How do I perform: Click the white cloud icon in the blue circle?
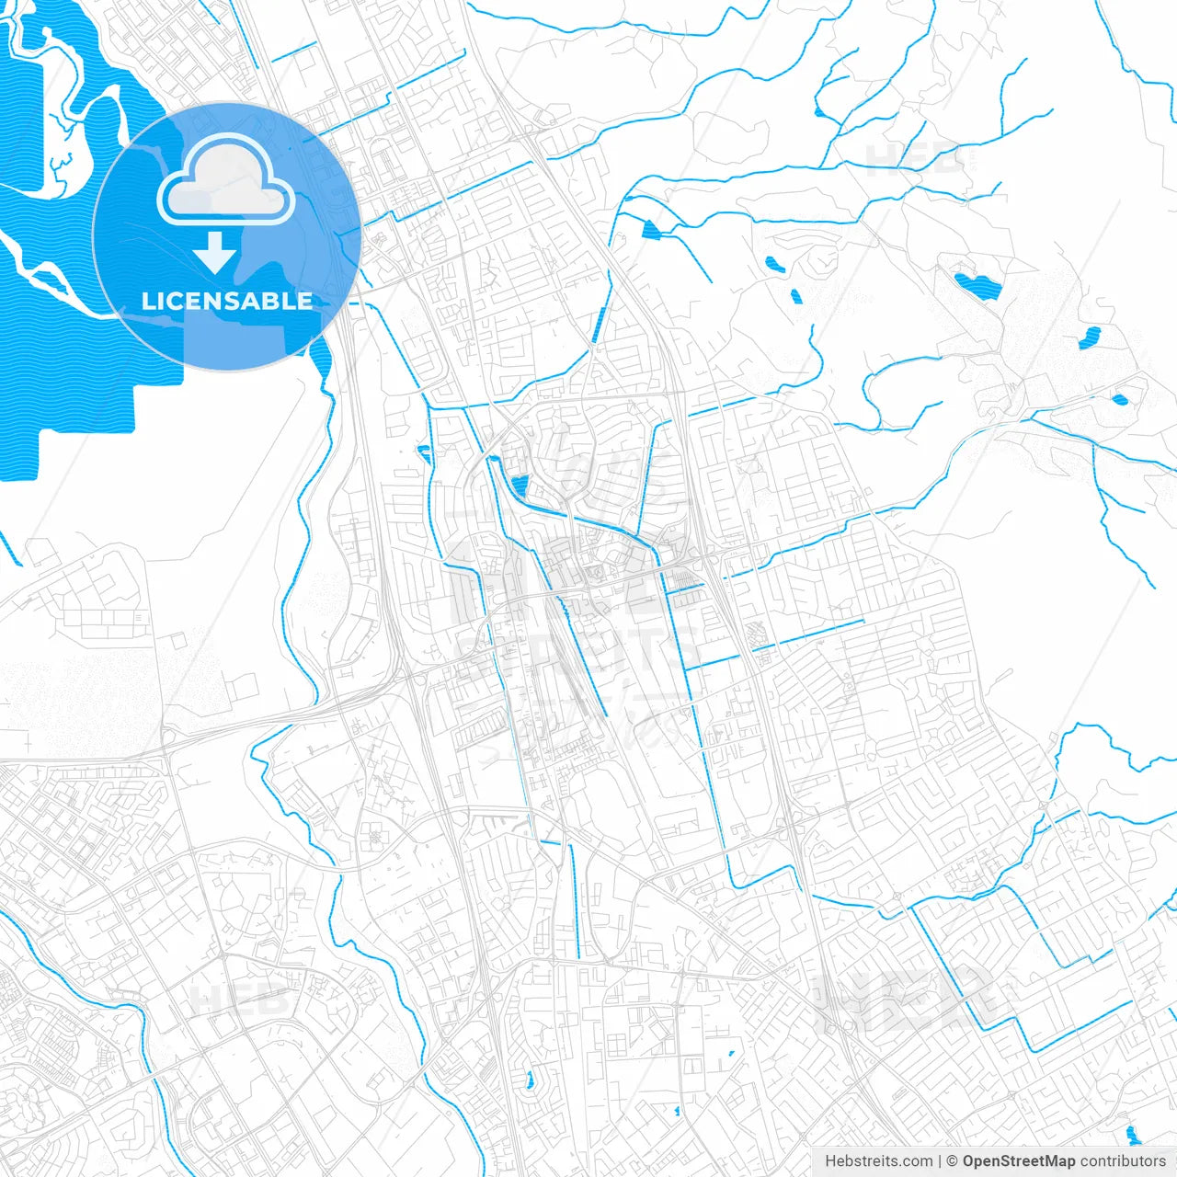pos(226,184)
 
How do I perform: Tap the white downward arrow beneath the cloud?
pos(215,254)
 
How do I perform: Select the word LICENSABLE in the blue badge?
pos(226,301)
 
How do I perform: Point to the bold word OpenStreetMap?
pos(1019,1161)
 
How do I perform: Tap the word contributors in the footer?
pos(1123,1161)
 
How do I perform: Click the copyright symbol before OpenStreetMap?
pos(953,1161)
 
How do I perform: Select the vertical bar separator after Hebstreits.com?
pos(940,1161)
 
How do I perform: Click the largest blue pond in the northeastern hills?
pos(976,286)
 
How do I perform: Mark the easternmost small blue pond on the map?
pos(1120,400)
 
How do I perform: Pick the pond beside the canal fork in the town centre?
pos(520,485)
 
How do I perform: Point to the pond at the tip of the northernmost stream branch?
pos(819,112)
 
